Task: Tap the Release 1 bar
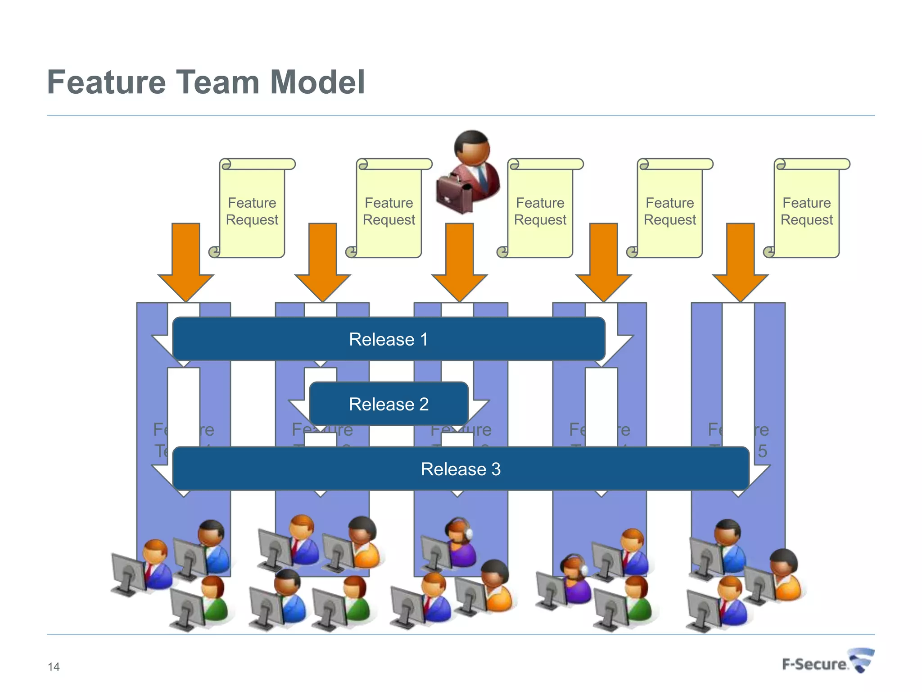tap(388, 339)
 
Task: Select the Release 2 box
tap(388, 404)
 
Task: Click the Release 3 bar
tap(460, 469)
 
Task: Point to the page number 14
tap(54, 667)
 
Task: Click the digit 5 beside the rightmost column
tap(762, 451)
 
